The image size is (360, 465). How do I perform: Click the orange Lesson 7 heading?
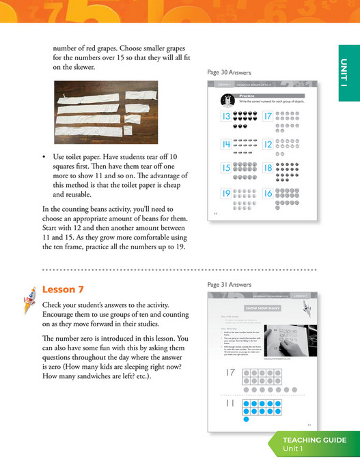63,289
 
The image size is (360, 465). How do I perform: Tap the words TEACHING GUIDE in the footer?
315,440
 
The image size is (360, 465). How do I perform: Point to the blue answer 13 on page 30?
225,117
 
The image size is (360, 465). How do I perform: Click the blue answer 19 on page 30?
225,194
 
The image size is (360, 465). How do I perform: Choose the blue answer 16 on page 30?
268,194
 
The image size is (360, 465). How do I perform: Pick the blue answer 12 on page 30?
268,145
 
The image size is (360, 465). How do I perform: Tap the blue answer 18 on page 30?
268,168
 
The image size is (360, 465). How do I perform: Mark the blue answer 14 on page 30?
225,145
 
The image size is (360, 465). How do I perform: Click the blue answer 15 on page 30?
225,168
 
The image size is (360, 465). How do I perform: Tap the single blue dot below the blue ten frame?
246,420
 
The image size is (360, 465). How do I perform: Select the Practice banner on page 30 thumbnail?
247,95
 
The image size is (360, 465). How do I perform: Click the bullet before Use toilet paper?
44,156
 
